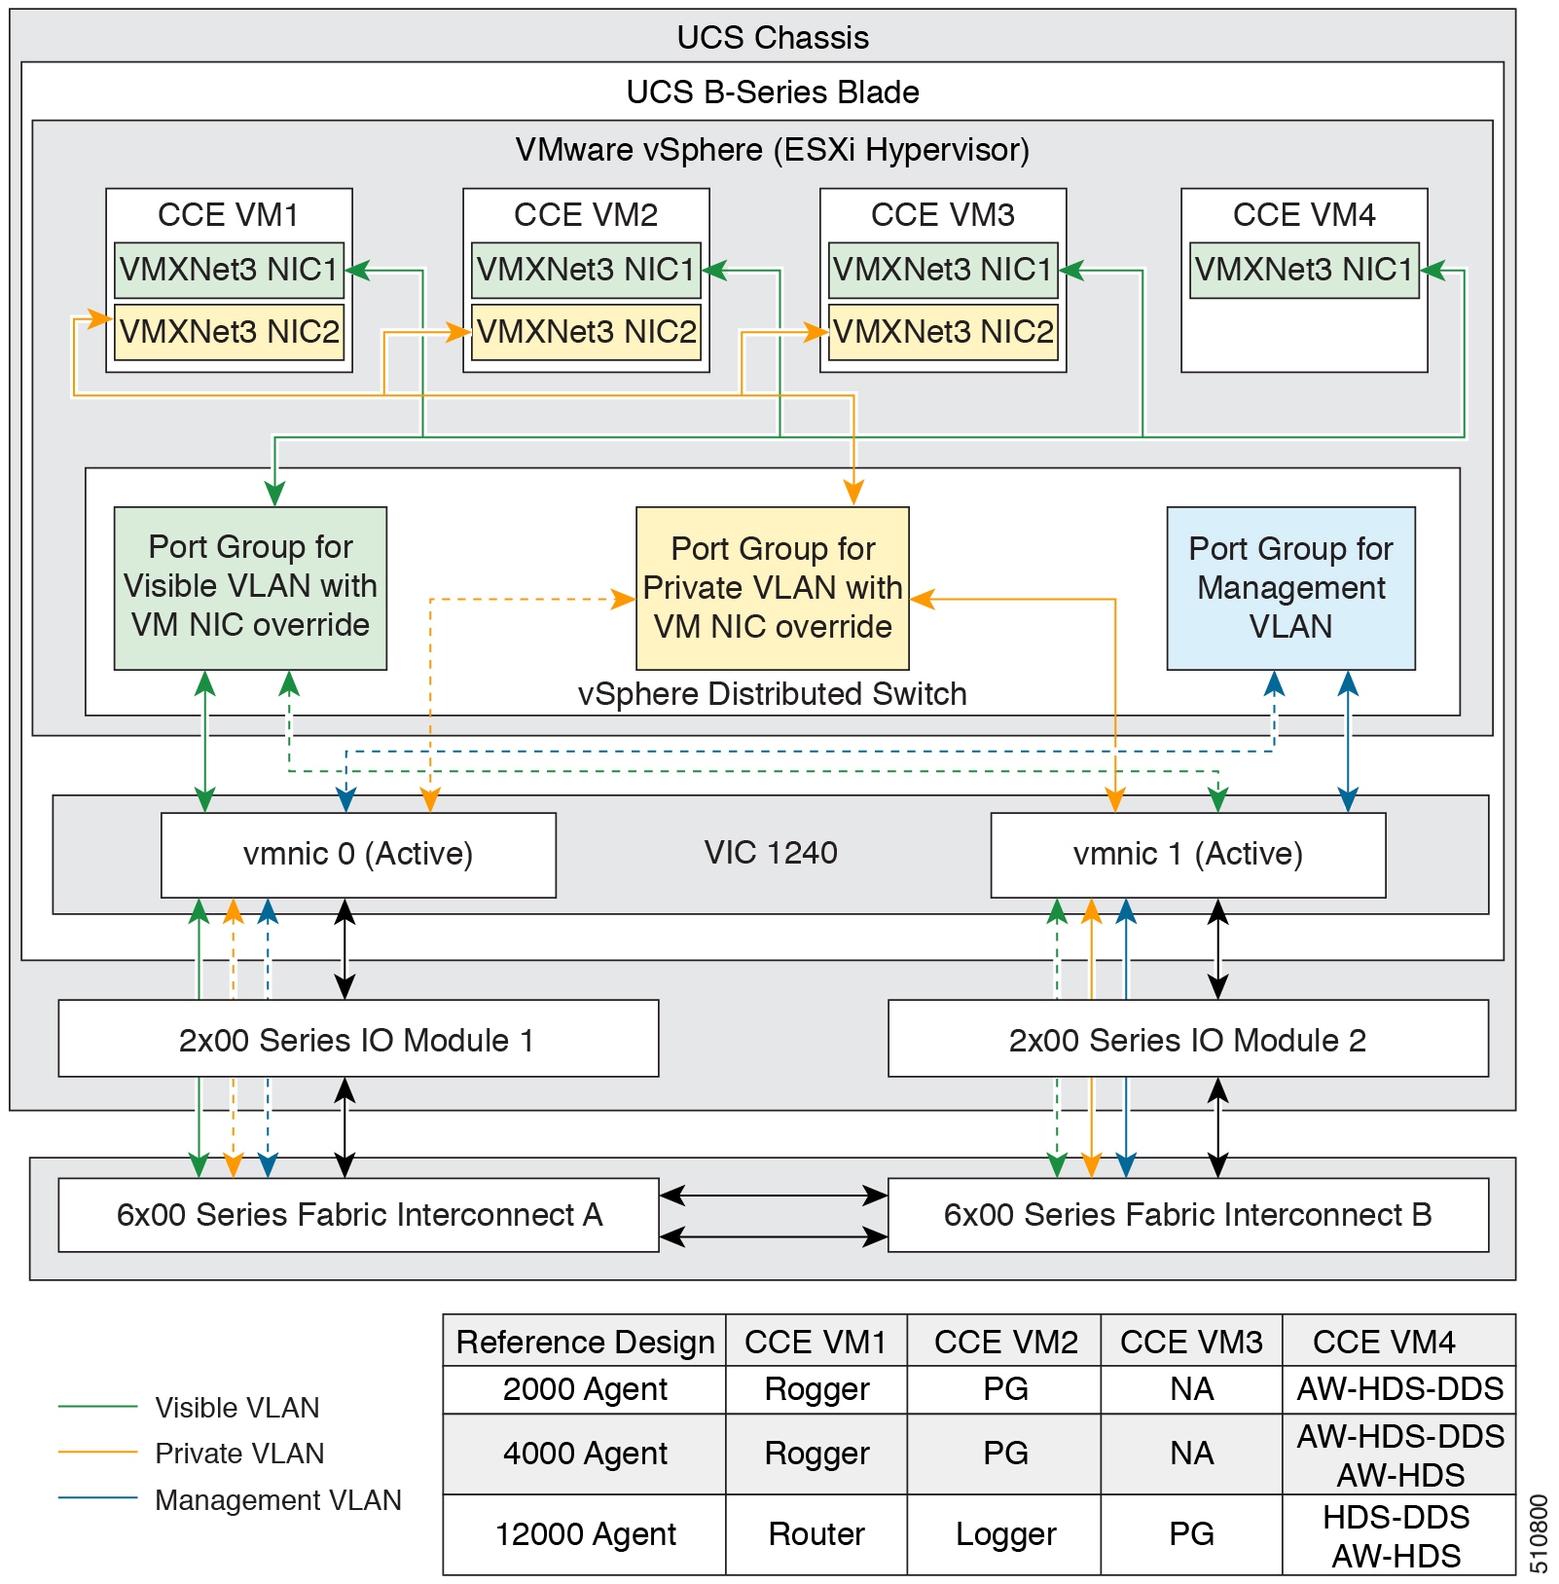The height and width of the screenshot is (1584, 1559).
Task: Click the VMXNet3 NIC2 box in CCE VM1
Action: point(229,332)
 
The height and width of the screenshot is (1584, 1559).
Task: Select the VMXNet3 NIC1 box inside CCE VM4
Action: point(1304,270)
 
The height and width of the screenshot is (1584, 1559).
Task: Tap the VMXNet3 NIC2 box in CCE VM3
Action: point(943,332)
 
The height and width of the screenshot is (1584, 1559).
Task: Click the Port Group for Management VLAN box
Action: point(1291,588)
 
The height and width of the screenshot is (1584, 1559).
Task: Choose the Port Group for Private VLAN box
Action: point(773,588)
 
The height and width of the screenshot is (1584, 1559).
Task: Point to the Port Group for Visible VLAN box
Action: point(250,588)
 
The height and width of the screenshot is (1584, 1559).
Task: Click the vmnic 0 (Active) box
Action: point(358,855)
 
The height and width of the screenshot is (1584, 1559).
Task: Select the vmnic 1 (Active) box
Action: point(1188,855)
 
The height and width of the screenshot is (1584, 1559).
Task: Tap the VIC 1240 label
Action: point(771,853)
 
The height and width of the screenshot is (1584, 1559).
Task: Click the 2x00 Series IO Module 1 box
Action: point(358,1039)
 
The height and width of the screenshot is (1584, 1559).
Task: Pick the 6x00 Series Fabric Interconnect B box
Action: point(1188,1215)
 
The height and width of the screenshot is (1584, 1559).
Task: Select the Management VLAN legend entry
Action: point(230,1500)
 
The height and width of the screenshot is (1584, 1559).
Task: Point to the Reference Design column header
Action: point(585,1342)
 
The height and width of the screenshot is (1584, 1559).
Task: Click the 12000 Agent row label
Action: point(585,1534)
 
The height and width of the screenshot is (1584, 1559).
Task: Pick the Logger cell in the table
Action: point(1005,1534)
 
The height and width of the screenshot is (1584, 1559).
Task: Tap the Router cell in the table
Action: point(816,1534)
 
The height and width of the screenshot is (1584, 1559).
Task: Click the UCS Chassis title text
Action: point(773,37)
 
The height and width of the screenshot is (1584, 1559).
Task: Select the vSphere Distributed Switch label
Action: point(772,693)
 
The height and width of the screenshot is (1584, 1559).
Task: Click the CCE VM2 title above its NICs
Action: point(586,214)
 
